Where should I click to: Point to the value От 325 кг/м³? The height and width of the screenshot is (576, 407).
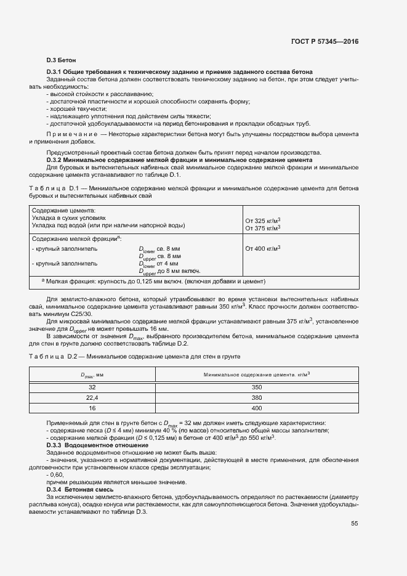[x=263, y=221]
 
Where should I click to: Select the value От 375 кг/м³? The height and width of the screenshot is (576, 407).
[x=263, y=228]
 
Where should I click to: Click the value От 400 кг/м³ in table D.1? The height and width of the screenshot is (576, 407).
[x=263, y=248]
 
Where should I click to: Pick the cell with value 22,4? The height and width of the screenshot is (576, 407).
[x=93, y=397]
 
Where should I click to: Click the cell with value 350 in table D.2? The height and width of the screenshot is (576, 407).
[x=257, y=387]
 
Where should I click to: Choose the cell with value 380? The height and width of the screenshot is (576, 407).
[x=257, y=397]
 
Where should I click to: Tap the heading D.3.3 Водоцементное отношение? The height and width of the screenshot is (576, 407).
[x=88, y=445]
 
